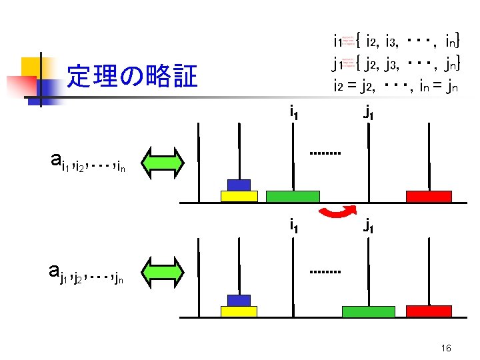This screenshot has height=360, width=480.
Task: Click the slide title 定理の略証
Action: point(132,77)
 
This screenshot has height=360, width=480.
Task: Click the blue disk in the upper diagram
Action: point(239,185)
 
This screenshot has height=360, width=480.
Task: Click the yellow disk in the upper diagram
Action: point(239,196)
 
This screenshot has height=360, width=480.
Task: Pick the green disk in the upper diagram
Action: point(293,196)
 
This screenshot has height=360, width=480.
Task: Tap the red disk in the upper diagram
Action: point(429,196)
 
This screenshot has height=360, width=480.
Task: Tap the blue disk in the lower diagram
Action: point(239,300)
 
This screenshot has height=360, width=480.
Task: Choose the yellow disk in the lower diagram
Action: point(239,311)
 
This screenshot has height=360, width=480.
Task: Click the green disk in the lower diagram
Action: point(368,311)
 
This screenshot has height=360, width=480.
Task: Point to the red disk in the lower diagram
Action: point(429,311)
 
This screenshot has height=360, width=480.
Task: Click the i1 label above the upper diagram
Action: point(293,112)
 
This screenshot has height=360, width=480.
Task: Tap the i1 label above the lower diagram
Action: point(293,225)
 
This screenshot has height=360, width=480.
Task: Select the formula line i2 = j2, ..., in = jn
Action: point(395,85)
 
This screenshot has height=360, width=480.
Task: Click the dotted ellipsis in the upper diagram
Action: point(325,153)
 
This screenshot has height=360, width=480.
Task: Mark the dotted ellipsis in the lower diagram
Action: point(325,273)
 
